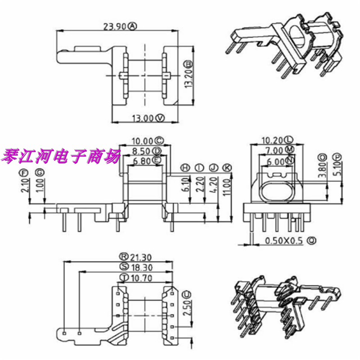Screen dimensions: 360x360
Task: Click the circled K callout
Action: click(x=228, y=167)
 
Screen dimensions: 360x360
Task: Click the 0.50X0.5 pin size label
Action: click(x=283, y=241)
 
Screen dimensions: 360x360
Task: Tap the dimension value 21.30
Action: click(x=140, y=256)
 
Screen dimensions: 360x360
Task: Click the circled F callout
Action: click(x=26, y=172)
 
